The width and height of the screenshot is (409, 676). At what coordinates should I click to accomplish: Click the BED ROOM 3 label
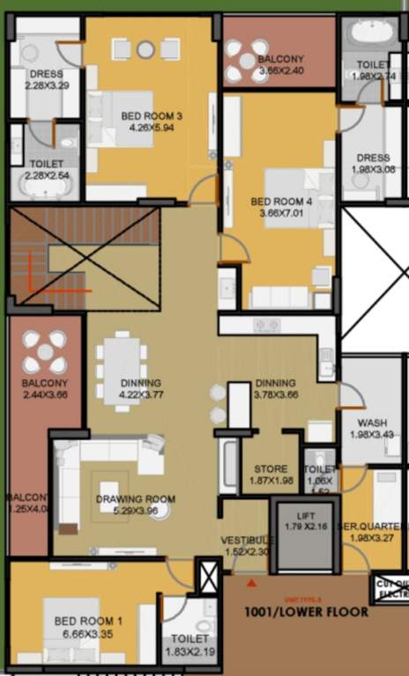[152, 115]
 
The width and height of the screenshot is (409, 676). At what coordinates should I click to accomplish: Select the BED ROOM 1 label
[88, 621]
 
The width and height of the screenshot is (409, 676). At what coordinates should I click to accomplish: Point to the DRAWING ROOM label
[135, 499]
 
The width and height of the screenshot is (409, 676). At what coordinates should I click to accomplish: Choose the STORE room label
[270, 468]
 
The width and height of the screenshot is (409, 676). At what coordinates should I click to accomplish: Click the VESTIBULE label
[245, 540]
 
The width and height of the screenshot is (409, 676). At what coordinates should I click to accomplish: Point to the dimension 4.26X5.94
[152, 127]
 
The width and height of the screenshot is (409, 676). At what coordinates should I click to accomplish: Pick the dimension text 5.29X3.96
[136, 511]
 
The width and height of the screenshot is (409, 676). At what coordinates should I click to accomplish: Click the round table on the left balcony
[44, 353]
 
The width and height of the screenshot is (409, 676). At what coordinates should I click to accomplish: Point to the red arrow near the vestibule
[253, 583]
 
